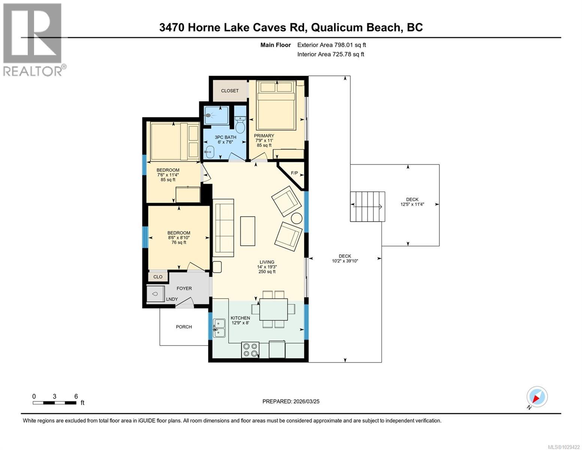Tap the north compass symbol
(537, 397)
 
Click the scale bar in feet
(54, 403)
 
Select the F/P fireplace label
(295, 173)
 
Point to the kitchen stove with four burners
(250, 350)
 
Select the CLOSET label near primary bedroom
(230, 91)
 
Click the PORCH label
(184, 327)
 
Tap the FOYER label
(184, 288)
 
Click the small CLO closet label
(158, 277)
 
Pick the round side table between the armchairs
(297, 218)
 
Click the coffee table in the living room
(247, 231)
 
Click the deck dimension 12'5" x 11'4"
(412, 204)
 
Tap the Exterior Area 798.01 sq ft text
(331, 45)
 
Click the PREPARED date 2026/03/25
(291, 401)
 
